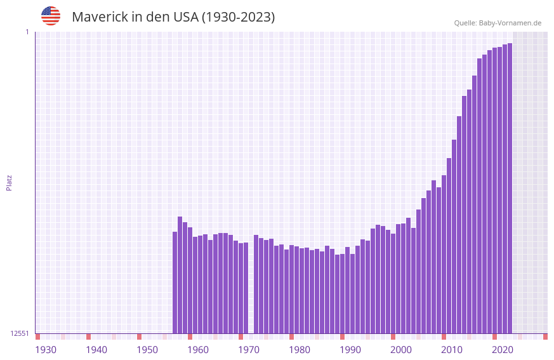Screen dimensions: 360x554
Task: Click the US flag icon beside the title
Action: [51, 16]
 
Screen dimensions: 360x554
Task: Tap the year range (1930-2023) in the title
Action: [238, 17]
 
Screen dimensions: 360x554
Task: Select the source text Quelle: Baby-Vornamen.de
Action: [498, 23]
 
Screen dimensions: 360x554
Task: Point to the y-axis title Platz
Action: [9, 182]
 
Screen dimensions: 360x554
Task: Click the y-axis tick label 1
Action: [27, 32]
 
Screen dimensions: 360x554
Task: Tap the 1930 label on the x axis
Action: [46, 350]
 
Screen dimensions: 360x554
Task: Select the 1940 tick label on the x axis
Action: [96, 350]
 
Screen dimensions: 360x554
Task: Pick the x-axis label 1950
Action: [147, 350]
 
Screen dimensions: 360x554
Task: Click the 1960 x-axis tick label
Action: [198, 350]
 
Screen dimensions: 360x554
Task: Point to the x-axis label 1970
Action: [249, 350]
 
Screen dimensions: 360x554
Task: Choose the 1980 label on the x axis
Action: [300, 350]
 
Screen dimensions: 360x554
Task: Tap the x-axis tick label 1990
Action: [350, 350]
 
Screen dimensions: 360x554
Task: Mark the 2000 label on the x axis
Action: [401, 350]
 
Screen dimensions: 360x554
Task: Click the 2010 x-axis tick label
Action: [452, 350]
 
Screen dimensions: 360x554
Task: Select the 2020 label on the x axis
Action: [503, 350]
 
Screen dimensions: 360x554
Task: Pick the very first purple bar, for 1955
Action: [175, 283]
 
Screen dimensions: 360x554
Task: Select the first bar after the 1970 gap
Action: [256, 284]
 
